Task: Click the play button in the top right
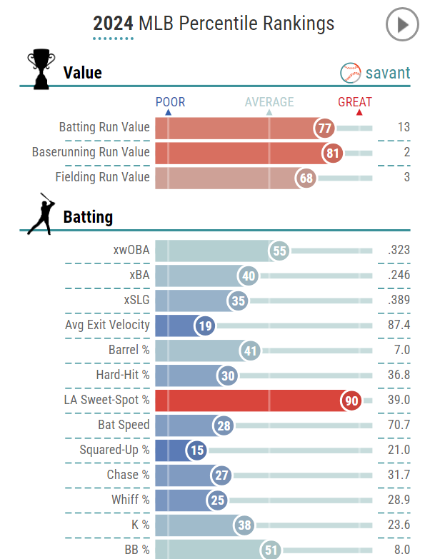pos(402,25)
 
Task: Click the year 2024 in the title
pos(113,24)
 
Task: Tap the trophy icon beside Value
pos(39,69)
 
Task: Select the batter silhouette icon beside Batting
pos(40,213)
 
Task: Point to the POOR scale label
pos(168,102)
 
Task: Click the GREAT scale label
pos(355,102)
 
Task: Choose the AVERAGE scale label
pos(269,102)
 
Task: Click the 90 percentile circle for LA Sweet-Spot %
pos(351,401)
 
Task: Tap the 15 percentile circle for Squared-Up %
pos(197,451)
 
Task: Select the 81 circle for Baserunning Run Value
pos(333,153)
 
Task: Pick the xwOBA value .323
pos(398,251)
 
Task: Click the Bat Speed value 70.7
pos(398,425)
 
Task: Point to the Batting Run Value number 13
pos(404,128)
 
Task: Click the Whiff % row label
pos(131,500)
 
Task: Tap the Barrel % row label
pos(129,350)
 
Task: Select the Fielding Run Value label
pos(102,177)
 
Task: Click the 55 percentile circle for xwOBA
pos(279,251)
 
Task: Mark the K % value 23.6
pos(398,525)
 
